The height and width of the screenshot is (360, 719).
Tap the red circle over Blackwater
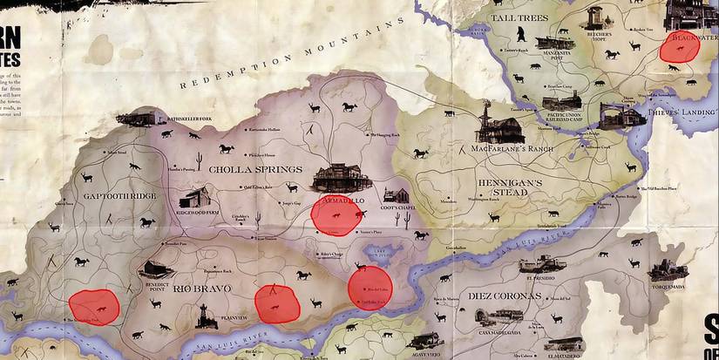678,47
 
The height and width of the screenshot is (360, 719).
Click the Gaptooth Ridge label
119,196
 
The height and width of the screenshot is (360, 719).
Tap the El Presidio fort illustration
541,264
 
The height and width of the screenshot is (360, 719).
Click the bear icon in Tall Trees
519,35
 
